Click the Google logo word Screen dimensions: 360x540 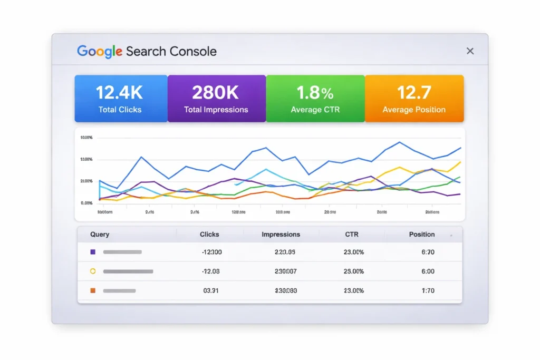(x=100, y=51)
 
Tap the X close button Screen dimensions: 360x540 (x=470, y=51)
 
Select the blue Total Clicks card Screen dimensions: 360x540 (x=121, y=99)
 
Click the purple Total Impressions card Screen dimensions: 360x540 (x=216, y=99)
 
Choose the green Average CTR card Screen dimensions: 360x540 (x=315, y=99)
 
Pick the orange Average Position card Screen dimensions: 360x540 (x=414, y=99)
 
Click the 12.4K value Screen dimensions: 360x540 (x=119, y=93)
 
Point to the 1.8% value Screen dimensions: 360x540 (x=315, y=93)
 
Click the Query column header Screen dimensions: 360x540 (x=100, y=235)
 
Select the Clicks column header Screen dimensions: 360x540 (x=209, y=235)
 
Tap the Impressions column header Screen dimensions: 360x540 (x=281, y=235)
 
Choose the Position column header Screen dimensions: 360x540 (x=422, y=235)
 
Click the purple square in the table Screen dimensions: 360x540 (x=93, y=252)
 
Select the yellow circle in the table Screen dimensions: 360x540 (x=93, y=271)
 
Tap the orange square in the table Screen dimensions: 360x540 (x=93, y=290)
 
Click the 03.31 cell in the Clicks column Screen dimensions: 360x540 (x=211, y=290)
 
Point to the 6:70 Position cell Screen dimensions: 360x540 (x=428, y=252)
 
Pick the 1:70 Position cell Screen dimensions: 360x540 (x=428, y=290)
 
